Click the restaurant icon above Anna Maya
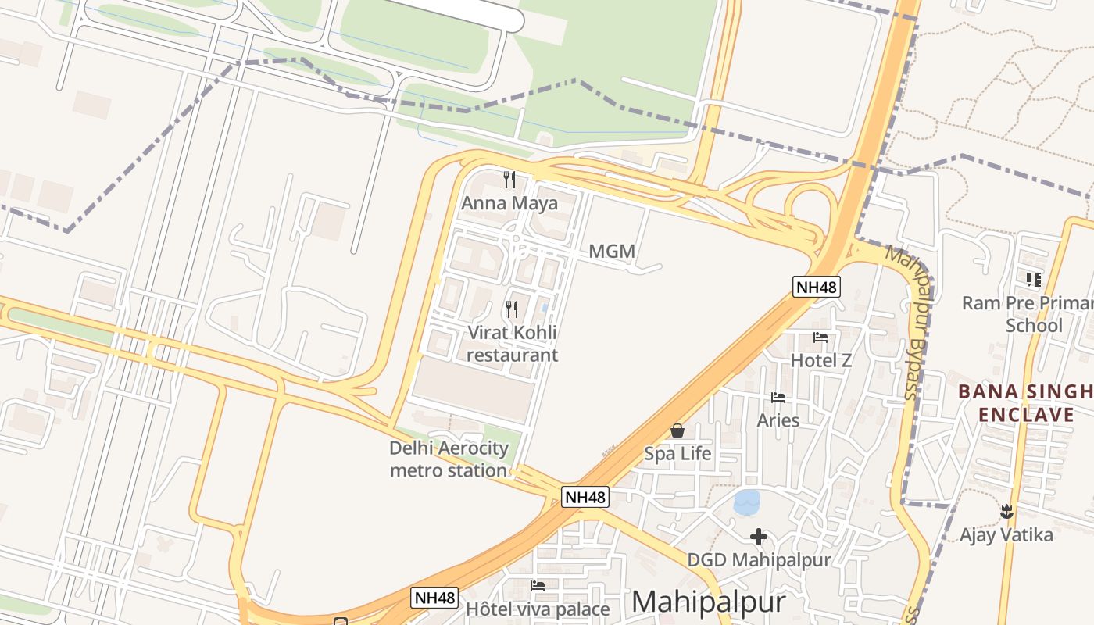[x=509, y=180]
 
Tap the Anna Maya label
[x=509, y=204]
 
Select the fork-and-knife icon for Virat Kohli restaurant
[x=511, y=309]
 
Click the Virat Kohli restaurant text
[x=512, y=344]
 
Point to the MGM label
[x=611, y=252]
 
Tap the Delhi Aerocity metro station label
[x=449, y=459]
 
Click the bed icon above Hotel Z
[x=820, y=337]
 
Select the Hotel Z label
[x=820, y=360]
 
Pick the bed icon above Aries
[x=778, y=398]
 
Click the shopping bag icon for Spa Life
[x=677, y=430]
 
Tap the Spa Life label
[x=677, y=453]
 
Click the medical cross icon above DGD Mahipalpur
[x=758, y=537]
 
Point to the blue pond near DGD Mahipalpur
[x=747, y=502]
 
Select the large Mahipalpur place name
[x=708, y=602]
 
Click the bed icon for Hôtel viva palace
[x=538, y=585]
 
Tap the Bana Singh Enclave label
[x=1026, y=402]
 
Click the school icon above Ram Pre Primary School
[x=1034, y=279]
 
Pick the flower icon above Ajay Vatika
[x=1006, y=512]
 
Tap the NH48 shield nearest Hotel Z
[x=816, y=287]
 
